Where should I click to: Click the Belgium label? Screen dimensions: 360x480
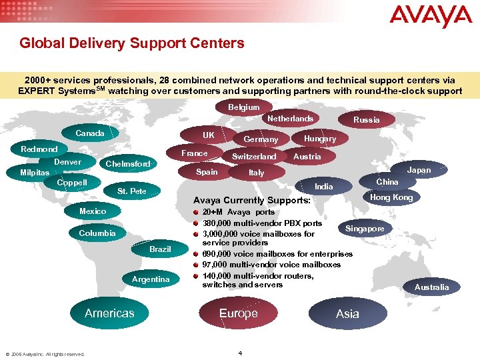(244, 107)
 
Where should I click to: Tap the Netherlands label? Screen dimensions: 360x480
(290, 119)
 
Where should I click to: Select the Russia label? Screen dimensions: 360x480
(366, 120)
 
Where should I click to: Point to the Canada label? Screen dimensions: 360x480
(90, 133)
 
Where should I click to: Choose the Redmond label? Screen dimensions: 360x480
(39, 149)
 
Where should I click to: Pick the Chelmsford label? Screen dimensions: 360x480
(128, 164)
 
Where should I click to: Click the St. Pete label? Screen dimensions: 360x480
(131, 191)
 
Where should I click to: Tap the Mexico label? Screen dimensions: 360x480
(93, 211)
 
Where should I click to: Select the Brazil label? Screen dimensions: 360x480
(160, 249)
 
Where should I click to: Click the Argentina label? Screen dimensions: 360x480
(151, 279)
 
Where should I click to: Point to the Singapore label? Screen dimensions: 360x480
(365, 229)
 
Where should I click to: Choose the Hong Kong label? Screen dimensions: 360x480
(391, 197)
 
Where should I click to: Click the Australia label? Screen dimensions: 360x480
(431, 287)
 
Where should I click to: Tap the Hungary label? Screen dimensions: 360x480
(319, 139)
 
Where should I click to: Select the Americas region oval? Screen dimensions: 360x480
(109, 313)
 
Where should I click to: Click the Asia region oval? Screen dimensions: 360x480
(347, 314)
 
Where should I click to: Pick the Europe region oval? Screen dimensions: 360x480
(238, 313)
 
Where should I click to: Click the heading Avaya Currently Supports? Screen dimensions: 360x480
(251, 200)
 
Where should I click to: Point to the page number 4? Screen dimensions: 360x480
(240, 353)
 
